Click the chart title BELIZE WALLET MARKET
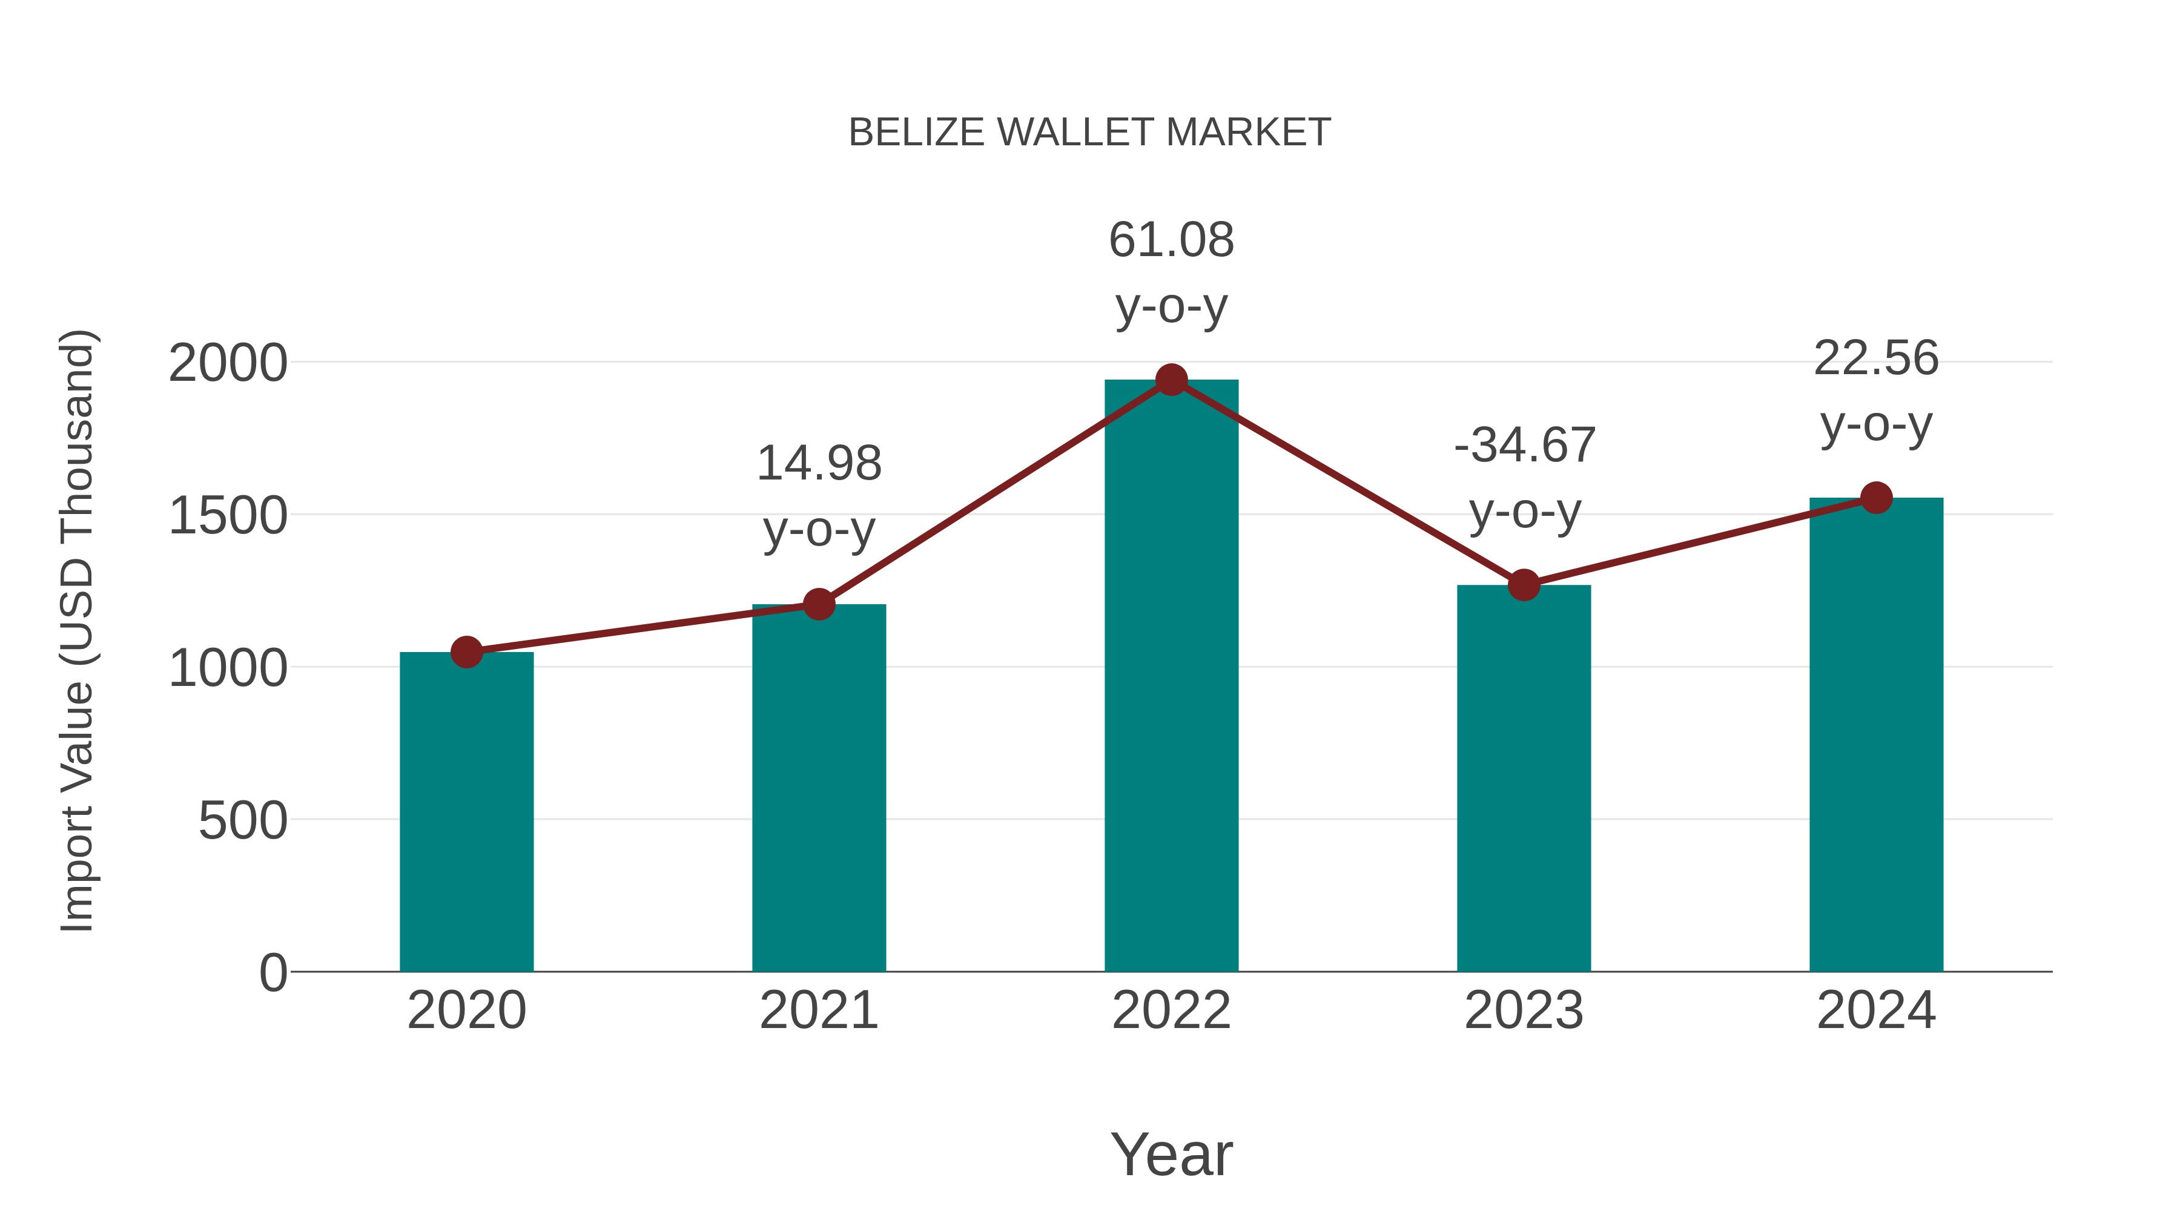[1089, 133]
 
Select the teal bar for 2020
[466, 812]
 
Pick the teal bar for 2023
[1524, 779]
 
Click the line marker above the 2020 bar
[466, 651]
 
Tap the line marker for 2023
[1524, 585]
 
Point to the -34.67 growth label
[1524, 478]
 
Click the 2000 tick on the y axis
[228, 364]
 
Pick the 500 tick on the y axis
[243, 821]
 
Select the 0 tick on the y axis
[273, 973]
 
